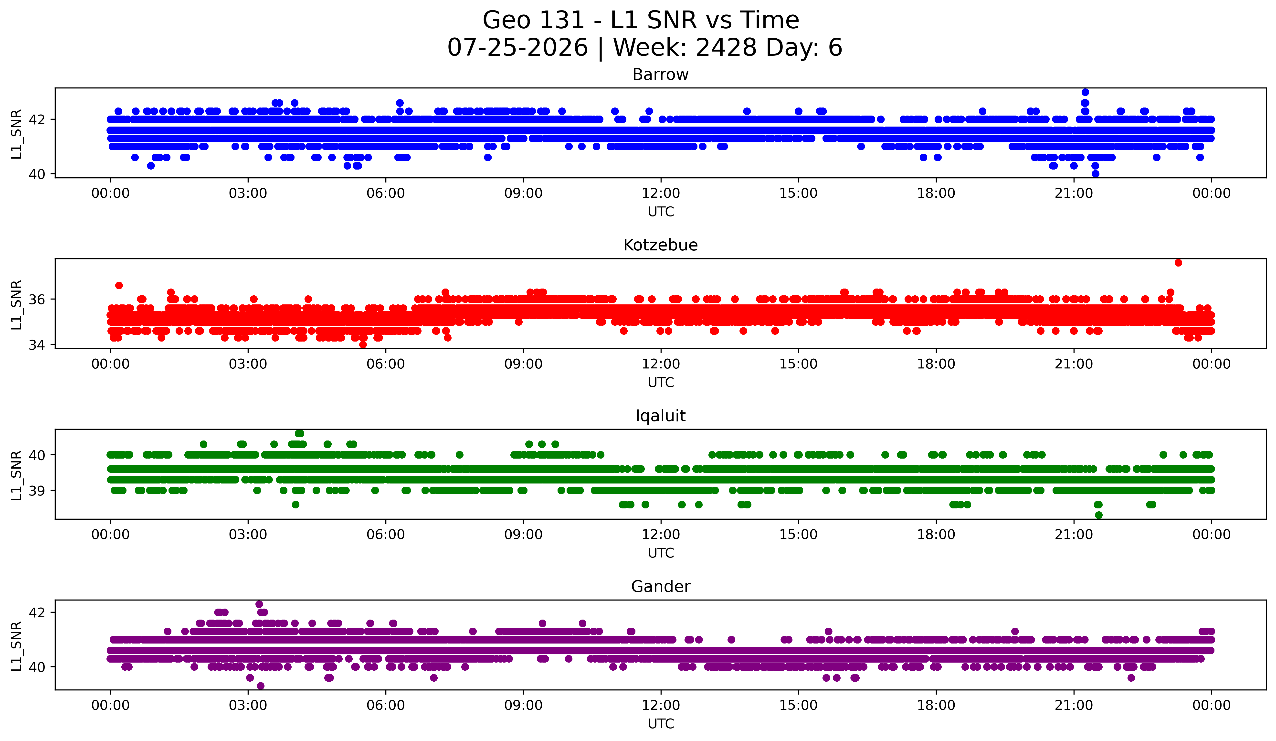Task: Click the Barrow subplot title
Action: pyautogui.click(x=660, y=75)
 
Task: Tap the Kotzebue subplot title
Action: pyautogui.click(x=660, y=245)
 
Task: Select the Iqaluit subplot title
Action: pyautogui.click(x=660, y=416)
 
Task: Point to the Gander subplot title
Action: pyautogui.click(x=660, y=587)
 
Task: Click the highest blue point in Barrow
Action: pyautogui.click(x=1085, y=92)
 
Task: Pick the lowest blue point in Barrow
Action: pyautogui.click(x=1095, y=174)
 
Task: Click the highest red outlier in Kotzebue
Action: pyautogui.click(x=1178, y=262)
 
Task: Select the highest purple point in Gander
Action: pyautogui.click(x=259, y=604)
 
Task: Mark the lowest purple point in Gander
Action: pyautogui.click(x=261, y=686)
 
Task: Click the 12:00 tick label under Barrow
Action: pyautogui.click(x=661, y=193)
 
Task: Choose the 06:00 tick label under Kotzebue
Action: pyautogui.click(x=386, y=364)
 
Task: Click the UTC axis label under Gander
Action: pyautogui.click(x=661, y=724)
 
